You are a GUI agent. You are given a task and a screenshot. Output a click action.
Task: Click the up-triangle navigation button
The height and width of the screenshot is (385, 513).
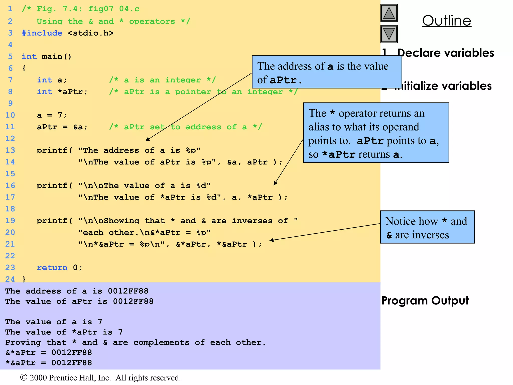pos(389,13)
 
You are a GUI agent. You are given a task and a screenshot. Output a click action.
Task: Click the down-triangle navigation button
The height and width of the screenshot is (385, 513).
pos(389,34)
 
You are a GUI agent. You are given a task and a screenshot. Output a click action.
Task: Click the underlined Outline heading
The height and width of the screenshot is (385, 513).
pos(447,21)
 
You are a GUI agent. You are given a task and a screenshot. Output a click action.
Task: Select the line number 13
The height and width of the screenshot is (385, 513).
pos(10,150)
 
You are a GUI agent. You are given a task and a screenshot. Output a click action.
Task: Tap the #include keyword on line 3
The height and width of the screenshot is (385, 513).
pos(42,33)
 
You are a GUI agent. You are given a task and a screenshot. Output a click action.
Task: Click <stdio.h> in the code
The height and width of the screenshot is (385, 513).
pos(91,33)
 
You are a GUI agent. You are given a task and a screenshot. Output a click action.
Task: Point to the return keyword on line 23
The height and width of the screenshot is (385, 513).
pos(52,267)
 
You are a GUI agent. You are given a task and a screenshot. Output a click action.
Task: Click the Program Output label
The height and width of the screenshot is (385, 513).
pos(425,301)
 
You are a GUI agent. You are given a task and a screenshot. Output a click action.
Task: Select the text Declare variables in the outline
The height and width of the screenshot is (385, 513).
pos(446,53)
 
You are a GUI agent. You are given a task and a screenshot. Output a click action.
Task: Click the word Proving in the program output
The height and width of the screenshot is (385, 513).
pos(23,342)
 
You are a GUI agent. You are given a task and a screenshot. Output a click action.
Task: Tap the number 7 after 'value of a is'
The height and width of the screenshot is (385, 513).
pos(100,322)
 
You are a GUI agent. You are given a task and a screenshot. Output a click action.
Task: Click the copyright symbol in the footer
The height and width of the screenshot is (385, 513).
pos(24,377)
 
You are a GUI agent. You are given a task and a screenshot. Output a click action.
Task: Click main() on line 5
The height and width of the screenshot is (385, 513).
pos(57,57)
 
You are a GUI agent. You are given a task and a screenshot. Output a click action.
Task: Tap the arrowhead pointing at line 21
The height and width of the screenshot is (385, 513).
pos(272,240)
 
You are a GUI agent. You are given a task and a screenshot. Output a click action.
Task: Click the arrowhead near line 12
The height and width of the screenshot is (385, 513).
pos(148,139)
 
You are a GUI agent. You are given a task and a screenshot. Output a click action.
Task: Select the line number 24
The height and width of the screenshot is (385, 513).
pos(10,279)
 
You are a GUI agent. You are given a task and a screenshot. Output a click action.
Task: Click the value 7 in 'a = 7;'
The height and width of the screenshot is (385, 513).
pos(60,115)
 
